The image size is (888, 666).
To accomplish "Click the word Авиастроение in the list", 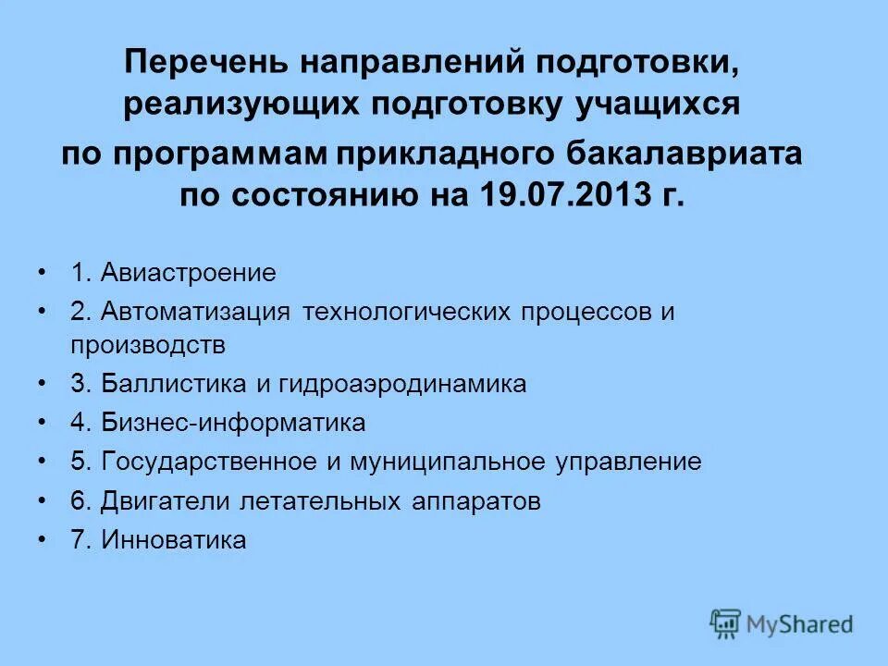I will [x=189, y=274].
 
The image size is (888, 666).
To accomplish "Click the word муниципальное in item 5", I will [x=452, y=462].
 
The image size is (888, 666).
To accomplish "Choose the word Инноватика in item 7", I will [x=175, y=540].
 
